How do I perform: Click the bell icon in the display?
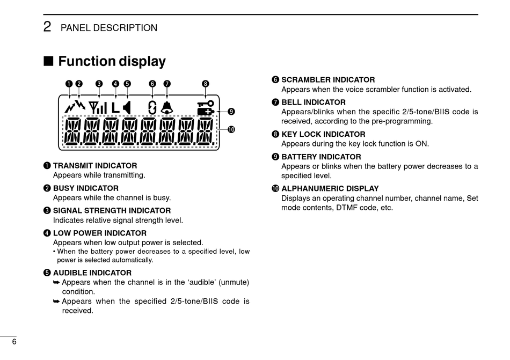167,107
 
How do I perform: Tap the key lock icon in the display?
206,103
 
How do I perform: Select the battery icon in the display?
206,112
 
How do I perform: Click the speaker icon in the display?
127,107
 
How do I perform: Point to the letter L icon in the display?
116,107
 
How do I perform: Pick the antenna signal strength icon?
98,107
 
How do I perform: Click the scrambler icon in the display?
152,107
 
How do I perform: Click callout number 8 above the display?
206,84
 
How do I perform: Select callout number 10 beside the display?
231,129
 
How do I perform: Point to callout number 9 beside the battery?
231,112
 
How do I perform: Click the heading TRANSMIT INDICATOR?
95,166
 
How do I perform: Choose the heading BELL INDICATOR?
314,102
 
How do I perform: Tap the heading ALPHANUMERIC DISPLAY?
330,189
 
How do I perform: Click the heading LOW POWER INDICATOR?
99,233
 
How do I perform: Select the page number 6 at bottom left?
14,342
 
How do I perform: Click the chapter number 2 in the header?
47,27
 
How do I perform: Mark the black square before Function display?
48,62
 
